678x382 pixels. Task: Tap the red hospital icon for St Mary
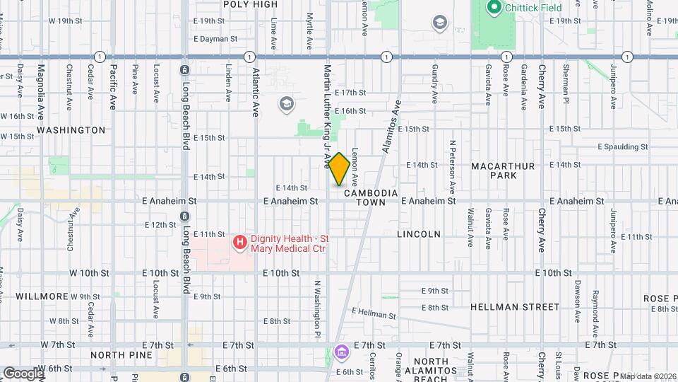tap(240, 243)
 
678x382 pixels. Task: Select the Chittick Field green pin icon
tap(493, 8)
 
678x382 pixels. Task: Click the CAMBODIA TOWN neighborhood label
tap(371, 197)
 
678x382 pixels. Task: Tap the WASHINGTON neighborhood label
tap(71, 130)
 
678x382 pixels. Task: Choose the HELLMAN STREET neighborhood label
tap(515, 307)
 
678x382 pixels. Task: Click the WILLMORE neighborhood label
tap(42, 296)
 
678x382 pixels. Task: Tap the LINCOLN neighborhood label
tap(419, 234)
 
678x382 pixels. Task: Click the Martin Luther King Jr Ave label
tap(327, 117)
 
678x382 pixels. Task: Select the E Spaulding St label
tap(622, 147)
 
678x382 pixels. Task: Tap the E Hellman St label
tap(370, 312)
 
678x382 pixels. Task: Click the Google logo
tap(23, 373)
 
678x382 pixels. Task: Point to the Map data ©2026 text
tap(648, 376)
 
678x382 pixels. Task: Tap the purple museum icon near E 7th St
tap(341, 352)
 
